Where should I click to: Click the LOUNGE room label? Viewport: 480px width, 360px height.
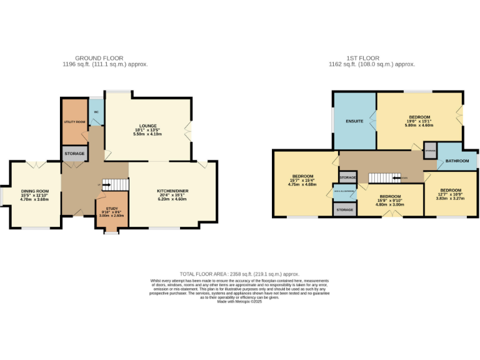point(148,126)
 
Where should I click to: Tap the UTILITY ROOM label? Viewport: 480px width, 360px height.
point(74,121)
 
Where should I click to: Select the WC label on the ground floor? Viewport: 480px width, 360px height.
point(96,112)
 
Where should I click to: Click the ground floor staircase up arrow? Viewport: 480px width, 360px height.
point(102,184)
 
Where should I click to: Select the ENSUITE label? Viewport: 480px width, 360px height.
point(354,121)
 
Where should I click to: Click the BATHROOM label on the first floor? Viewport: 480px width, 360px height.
point(457,161)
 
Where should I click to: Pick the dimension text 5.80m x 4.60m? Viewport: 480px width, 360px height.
point(419,126)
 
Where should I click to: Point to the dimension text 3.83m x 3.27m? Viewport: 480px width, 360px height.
point(451,198)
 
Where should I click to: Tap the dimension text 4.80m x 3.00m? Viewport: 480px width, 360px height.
point(390,204)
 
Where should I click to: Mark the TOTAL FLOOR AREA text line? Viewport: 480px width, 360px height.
point(239,274)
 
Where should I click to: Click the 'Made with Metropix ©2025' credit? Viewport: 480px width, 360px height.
point(239,302)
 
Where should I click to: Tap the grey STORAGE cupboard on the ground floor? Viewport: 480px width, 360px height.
point(74,153)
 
